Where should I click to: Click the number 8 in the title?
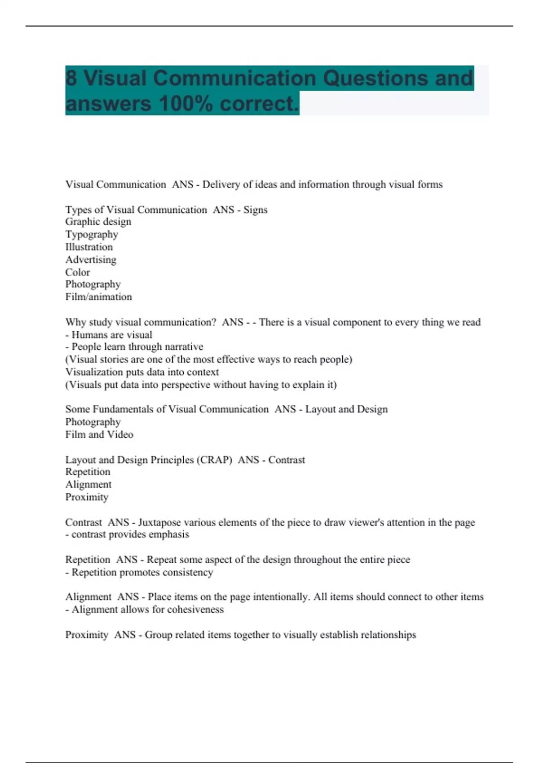(71, 79)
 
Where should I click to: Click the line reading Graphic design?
(98, 222)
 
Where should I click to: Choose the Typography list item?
(92, 234)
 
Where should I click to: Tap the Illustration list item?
(89, 247)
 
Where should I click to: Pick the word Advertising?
(91, 259)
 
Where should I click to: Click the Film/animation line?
(99, 297)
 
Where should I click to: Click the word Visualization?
(94, 372)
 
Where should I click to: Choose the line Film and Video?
(99, 434)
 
